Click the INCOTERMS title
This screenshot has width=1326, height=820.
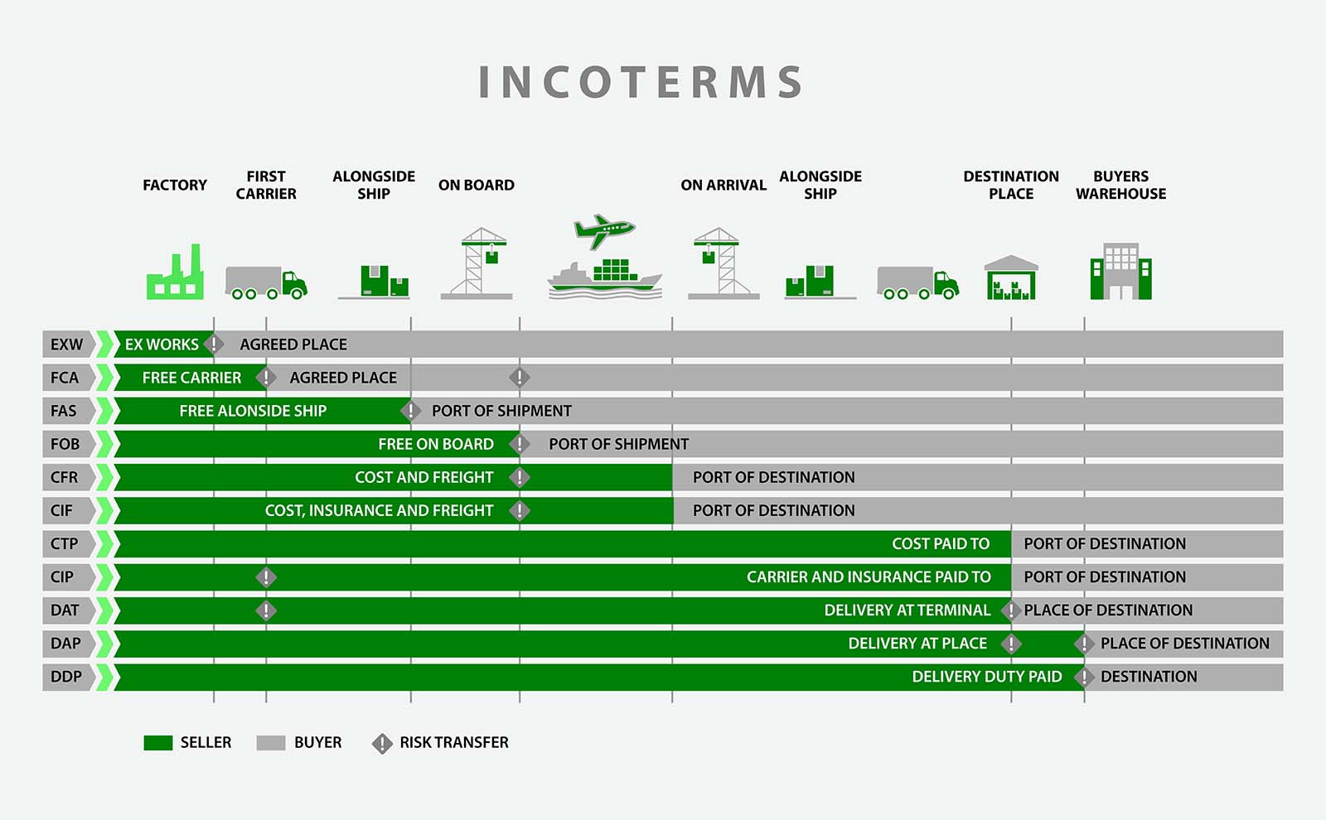click(x=641, y=82)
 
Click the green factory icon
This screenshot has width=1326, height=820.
click(x=175, y=272)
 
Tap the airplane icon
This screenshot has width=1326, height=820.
click(x=604, y=231)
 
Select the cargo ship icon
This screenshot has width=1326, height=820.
click(x=605, y=278)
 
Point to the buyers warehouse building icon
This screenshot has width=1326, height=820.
click(x=1121, y=271)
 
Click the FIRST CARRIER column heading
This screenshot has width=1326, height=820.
click(x=266, y=186)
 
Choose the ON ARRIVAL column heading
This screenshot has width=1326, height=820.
click(x=723, y=186)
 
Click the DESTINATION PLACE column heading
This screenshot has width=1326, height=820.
click(x=1011, y=186)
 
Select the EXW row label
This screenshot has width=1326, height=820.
click(x=66, y=345)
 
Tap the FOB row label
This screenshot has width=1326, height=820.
click(x=65, y=444)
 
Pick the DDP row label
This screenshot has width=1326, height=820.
click(x=66, y=676)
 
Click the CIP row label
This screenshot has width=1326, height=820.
click(x=62, y=576)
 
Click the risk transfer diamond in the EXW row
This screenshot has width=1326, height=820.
click(x=214, y=345)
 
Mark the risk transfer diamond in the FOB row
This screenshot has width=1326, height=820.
click(x=520, y=444)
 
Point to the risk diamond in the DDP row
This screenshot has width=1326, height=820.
click(x=1085, y=676)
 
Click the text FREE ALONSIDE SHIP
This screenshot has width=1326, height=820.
click(x=253, y=411)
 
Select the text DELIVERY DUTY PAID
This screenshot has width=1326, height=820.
click(x=987, y=676)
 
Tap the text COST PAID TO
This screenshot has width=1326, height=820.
click(x=941, y=543)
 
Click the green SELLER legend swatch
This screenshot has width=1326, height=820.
click(x=158, y=743)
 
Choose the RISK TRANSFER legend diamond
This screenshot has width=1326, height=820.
click(x=382, y=744)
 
